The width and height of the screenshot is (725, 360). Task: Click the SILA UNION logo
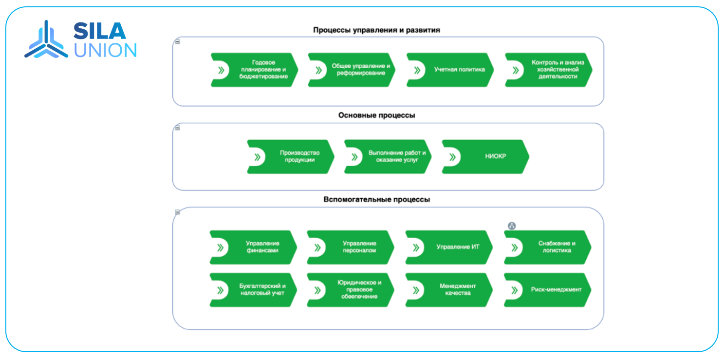pos(81,40)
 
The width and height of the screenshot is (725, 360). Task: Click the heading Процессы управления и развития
pos(376,30)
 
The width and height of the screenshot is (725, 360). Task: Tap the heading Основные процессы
pos(376,116)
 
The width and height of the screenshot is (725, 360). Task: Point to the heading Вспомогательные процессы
pos(376,200)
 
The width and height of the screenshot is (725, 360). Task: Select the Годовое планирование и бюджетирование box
pos(255,70)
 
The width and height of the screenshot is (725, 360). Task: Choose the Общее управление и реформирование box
pos(352,70)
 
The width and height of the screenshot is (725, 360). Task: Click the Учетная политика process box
pos(450,70)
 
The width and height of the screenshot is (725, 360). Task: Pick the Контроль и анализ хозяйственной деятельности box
pos(549,70)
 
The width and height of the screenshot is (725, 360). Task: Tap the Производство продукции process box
pos(291,157)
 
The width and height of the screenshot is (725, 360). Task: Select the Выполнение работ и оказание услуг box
pos(388,157)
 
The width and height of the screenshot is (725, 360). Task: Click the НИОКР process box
pos(485,157)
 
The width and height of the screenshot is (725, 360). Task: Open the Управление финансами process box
pos(253,247)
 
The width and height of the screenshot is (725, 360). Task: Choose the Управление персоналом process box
pos(351,247)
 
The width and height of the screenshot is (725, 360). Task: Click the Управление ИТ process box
pos(449,247)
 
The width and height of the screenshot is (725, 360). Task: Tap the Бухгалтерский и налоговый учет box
pos(253,290)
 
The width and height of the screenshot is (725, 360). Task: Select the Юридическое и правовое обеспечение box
pos(351,290)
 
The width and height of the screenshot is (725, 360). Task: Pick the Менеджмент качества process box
pos(449,290)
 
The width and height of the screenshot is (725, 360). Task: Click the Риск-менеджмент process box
pos(548,290)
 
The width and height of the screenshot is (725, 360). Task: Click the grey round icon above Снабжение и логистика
pos(512,226)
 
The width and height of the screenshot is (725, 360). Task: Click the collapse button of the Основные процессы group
pos(177,128)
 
